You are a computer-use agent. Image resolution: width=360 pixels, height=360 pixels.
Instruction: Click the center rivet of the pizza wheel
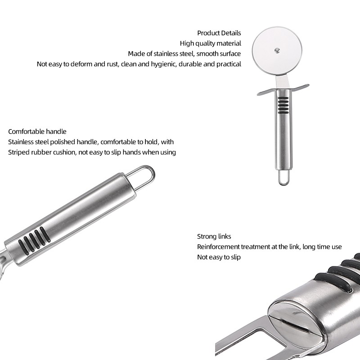point(277,50)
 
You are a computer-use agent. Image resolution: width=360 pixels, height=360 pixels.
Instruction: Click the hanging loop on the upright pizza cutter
point(284,177)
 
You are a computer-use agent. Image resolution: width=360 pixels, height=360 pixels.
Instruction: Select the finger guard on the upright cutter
point(283,90)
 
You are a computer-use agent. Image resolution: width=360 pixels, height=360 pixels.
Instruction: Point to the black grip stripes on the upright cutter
point(283,105)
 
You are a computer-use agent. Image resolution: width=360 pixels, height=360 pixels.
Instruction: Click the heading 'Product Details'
point(219,33)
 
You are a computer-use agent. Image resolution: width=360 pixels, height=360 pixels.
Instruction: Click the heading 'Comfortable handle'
point(37,131)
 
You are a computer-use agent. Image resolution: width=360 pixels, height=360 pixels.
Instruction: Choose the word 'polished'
point(63,142)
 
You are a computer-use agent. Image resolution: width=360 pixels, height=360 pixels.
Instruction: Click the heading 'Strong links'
point(214,237)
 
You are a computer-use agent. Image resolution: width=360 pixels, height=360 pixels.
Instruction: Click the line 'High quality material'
point(210,43)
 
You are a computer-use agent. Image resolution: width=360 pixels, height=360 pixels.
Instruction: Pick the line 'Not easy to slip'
point(219,257)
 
